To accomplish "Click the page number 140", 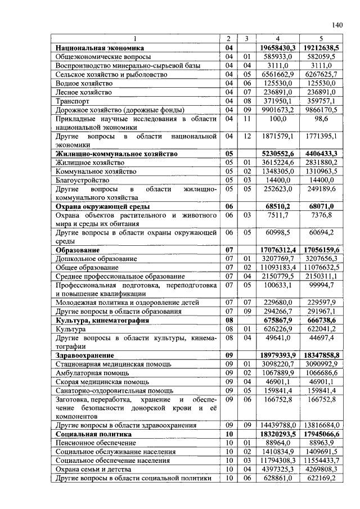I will click(x=337, y=24).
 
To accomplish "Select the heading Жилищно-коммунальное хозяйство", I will click(x=116, y=154).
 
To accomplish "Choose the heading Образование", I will click(x=78, y=249).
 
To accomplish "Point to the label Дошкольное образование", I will click(x=96, y=259).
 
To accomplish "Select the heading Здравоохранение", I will click(x=84, y=355).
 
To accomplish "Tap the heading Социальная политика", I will click(x=93, y=434).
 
